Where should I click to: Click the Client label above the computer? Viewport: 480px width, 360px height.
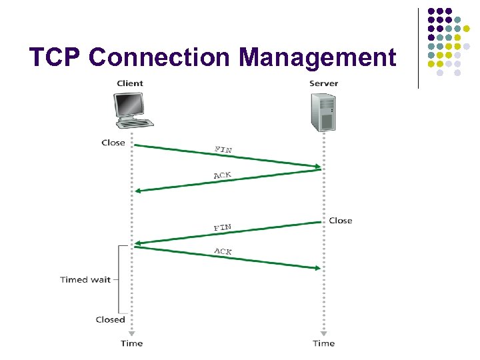[x=130, y=83]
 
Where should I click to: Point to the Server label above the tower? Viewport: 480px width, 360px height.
[x=323, y=83]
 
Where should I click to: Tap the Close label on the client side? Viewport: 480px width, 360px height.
[x=113, y=143]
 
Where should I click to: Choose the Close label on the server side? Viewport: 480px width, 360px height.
[x=340, y=221]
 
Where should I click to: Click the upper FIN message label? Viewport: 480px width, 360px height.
[x=223, y=149]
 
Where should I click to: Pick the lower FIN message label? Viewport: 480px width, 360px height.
[x=222, y=228]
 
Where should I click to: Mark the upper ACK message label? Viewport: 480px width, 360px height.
[x=222, y=175]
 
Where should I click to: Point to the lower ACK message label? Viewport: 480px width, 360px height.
[x=223, y=251]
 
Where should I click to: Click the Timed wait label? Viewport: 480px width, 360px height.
[x=85, y=279]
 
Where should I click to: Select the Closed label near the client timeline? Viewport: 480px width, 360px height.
[x=110, y=319]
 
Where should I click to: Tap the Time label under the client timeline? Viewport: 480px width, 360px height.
[x=131, y=343]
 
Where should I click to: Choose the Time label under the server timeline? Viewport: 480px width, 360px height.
[x=323, y=343]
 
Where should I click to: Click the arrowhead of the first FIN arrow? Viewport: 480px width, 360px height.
[x=317, y=166]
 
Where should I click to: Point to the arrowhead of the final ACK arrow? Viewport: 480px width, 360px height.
[x=317, y=268]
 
